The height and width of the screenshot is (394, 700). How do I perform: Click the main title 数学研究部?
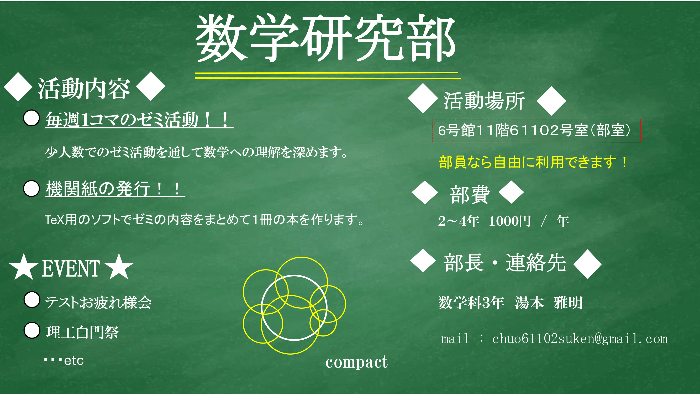click(325, 38)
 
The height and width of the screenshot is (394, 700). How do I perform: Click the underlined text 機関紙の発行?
click(98, 188)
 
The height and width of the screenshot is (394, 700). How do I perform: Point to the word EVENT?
click(71, 269)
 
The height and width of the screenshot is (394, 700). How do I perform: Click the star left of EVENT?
click(24, 267)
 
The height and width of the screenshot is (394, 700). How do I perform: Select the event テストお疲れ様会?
click(98, 302)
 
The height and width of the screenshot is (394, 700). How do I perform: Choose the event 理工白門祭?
click(82, 332)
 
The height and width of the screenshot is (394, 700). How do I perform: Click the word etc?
click(74, 361)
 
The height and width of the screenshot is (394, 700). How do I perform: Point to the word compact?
click(356, 362)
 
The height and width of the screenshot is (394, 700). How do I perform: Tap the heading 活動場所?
click(484, 101)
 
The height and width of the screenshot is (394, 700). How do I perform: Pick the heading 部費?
click(470, 194)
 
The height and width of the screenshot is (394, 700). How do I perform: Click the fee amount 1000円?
click(509, 221)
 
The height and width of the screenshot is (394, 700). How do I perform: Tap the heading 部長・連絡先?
click(505, 263)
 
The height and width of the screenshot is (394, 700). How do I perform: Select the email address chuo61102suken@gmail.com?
click(580, 339)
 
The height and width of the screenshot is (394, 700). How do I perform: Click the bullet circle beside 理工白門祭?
click(32, 330)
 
